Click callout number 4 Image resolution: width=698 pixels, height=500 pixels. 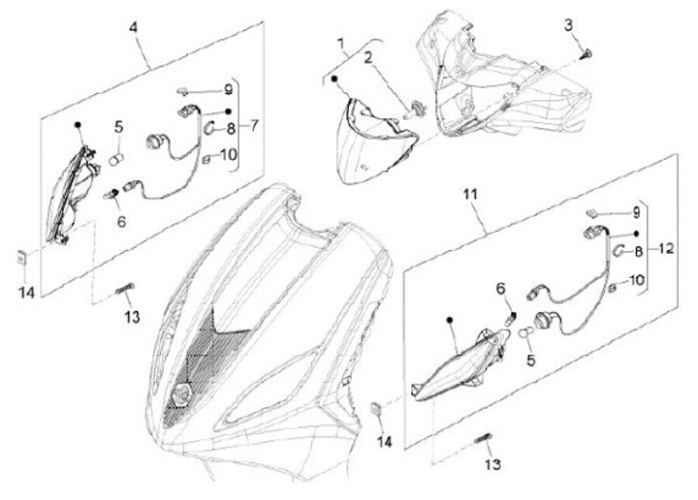coord(134,27)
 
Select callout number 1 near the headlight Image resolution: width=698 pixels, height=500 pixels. coord(341,44)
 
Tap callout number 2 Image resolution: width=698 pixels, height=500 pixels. coord(367,58)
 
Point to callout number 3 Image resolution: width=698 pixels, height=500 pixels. coord(568,25)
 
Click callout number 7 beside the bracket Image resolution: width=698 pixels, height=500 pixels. coord(253,126)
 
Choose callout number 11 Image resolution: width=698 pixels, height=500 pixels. coord(470,195)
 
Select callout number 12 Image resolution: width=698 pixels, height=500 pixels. coord(665,249)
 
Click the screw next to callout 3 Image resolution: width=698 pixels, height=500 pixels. coord(587,55)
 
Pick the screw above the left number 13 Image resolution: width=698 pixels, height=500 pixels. coord(125,289)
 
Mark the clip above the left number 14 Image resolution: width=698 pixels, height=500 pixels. coord(21,258)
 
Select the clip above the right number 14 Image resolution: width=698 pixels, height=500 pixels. coord(376,408)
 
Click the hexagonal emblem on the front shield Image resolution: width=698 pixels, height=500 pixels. coord(181,394)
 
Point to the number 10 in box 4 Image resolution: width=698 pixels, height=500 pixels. coord(229,155)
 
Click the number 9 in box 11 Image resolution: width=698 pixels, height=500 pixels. coord(636,213)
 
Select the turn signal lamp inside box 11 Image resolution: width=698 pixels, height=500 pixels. coord(459,364)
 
